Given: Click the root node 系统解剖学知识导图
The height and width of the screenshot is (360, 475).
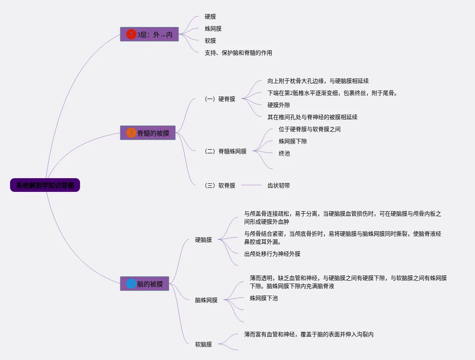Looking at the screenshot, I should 45,185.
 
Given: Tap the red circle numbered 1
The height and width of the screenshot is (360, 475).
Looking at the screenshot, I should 131,35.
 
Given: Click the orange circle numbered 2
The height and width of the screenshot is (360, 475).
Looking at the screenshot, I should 131,133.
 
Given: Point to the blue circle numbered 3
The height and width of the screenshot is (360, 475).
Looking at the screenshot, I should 131,284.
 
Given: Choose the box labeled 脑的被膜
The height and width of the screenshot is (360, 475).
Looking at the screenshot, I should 150,284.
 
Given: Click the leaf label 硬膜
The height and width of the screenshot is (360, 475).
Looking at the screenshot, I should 210,16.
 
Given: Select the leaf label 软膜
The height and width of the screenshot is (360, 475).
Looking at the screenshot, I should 210,41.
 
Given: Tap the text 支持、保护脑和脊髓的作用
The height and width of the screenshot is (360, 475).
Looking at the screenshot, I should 238,53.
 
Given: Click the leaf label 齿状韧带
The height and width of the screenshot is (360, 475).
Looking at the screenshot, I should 279,185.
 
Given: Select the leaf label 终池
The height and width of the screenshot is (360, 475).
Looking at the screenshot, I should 284,153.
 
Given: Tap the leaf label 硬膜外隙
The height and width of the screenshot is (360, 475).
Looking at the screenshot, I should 279,105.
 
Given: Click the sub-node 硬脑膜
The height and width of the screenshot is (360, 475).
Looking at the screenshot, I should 204,240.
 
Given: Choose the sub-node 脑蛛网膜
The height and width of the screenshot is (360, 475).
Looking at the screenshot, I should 206,300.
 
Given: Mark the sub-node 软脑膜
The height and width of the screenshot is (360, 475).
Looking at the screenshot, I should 204,344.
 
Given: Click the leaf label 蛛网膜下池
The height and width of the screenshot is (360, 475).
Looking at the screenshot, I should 263,298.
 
